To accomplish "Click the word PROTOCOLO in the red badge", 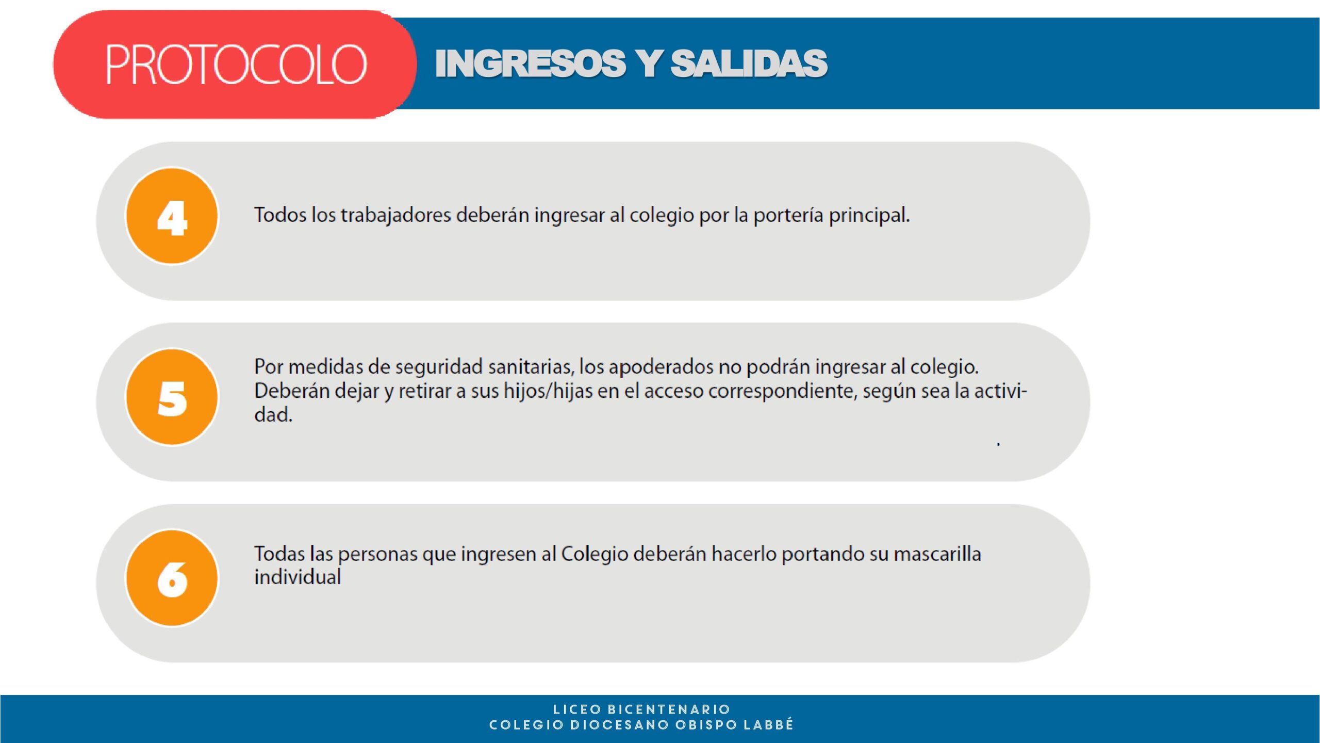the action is (x=236, y=64).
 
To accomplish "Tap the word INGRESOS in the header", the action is (x=531, y=63).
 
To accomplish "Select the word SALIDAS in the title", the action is (x=749, y=63).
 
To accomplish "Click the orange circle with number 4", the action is (x=172, y=216).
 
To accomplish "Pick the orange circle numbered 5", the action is (x=172, y=397).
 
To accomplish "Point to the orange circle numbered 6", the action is (x=172, y=578).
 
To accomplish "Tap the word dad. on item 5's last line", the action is (x=273, y=414).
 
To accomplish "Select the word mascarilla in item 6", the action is (x=937, y=554).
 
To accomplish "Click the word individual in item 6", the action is (x=298, y=577).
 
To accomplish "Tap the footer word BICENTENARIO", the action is (x=669, y=709).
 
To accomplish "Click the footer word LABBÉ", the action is (x=768, y=724).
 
